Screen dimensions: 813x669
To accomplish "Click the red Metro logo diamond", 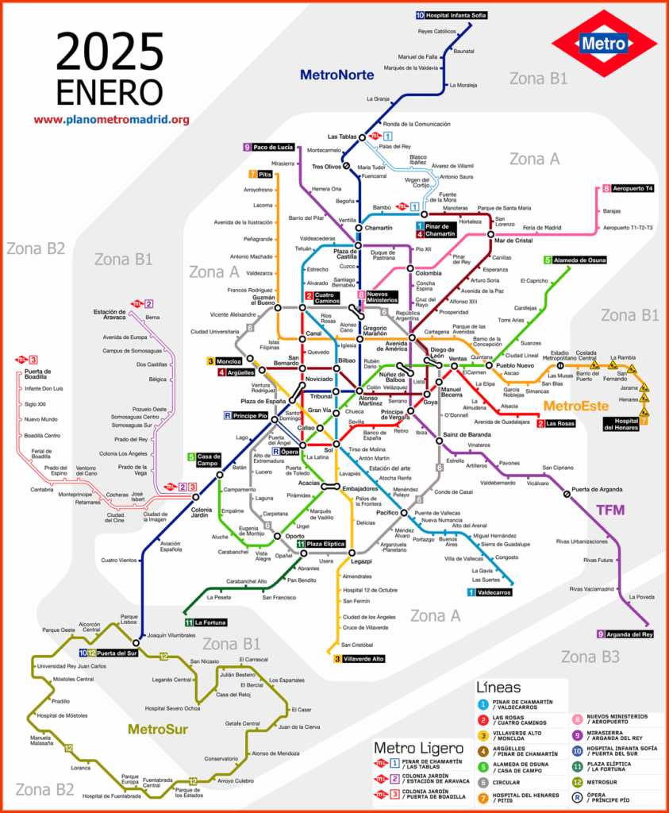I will (x=602, y=44).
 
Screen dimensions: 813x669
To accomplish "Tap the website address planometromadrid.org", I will (x=111, y=120).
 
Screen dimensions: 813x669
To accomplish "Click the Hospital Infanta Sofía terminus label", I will (x=452, y=15).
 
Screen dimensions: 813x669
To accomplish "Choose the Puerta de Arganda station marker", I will (x=567, y=494).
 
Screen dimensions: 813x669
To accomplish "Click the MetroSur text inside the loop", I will (x=157, y=729).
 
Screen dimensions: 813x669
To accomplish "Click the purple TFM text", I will (x=609, y=511).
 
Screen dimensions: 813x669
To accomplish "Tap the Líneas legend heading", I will (x=498, y=687).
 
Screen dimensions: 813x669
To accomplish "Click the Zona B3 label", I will (x=590, y=657).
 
